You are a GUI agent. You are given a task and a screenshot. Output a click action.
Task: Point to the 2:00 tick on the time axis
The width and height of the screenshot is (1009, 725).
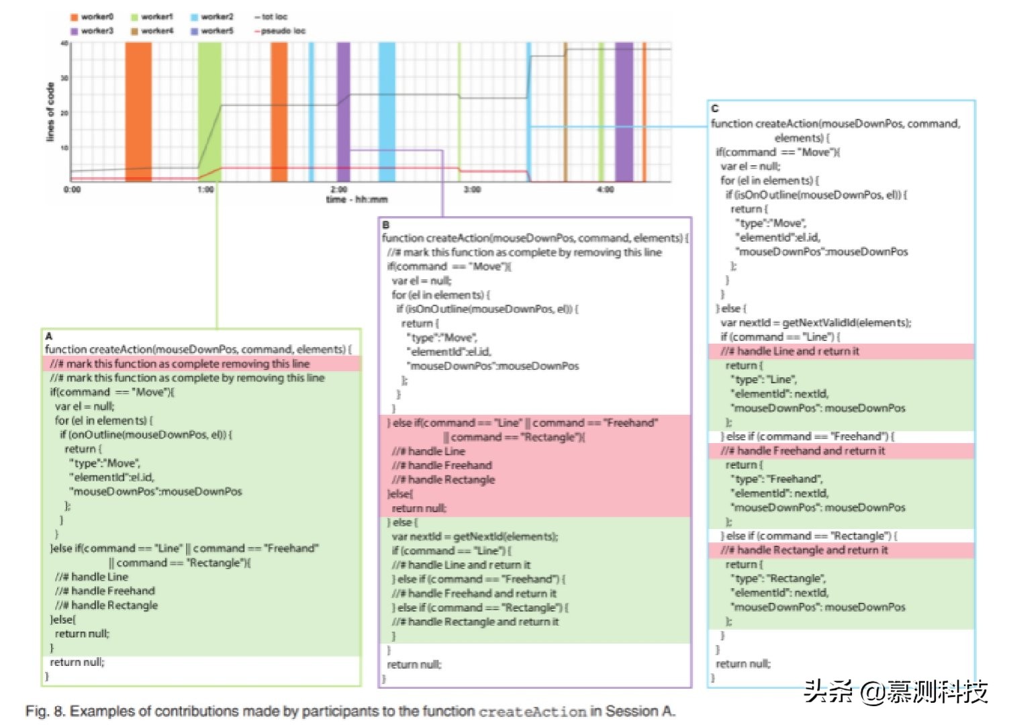tap(339, 189)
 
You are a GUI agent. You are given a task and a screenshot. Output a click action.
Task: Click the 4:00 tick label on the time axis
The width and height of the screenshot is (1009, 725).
tap(605, 189)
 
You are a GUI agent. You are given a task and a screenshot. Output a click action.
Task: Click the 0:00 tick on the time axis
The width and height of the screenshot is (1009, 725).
tap(72, 189)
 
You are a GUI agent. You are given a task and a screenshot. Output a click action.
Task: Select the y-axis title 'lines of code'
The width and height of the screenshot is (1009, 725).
tap(50, 112)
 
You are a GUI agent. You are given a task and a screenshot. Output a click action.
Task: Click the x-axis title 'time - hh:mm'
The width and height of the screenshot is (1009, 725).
tap(356, 199)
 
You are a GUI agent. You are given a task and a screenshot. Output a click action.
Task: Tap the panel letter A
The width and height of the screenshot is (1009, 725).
tap(48, 336)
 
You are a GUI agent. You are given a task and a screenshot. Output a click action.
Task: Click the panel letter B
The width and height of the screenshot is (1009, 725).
tap(385, 225)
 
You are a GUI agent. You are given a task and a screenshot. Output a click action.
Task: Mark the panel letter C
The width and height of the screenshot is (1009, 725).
tap(714, 108)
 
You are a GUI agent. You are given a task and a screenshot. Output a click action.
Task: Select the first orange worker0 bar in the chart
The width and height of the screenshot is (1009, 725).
tap(138, 111)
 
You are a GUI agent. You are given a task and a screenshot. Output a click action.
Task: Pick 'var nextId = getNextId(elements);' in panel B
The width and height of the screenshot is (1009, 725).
tap(475, 536)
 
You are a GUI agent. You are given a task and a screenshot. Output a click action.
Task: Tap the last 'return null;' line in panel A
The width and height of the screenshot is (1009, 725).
tap(77, 662)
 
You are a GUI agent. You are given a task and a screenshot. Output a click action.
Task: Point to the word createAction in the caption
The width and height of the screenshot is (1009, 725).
tap(532, 712)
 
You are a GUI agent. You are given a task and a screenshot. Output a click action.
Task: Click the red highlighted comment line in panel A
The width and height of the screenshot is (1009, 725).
tap(180, 364)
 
